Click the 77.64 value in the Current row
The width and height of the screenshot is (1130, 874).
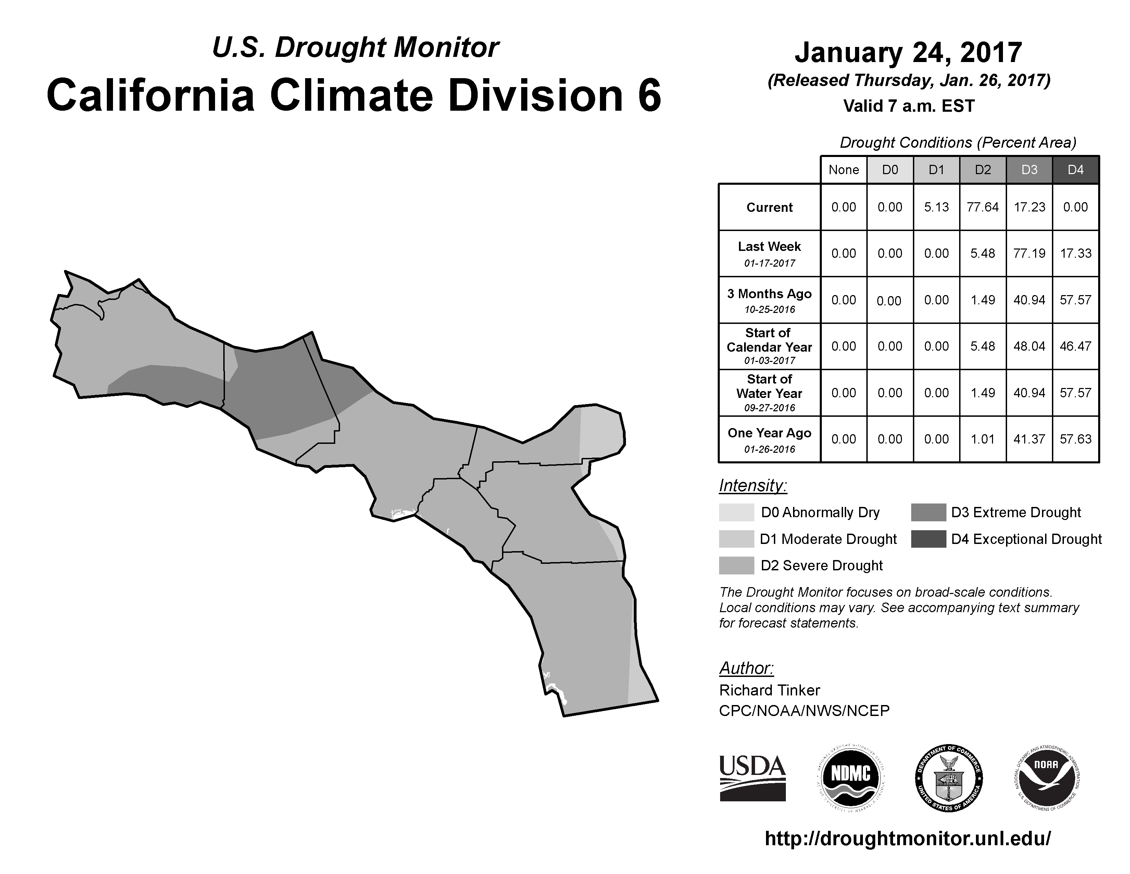(982, 207)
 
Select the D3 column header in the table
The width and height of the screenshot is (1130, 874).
(1029, 170)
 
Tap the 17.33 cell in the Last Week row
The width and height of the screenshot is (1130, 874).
(1075, 253)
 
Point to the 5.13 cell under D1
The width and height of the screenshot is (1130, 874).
(937, 207)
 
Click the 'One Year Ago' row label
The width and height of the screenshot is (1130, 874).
(769, 433)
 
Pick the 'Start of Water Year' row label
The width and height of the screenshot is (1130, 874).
(769, 386)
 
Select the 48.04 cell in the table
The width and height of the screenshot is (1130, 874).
(1029, 346)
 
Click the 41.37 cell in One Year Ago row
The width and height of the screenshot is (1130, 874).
(1029, 439)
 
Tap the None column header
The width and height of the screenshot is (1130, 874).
(844, 170)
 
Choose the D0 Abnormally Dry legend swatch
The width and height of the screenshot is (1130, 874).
(736, 512)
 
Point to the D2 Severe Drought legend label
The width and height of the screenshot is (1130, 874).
(821, 566)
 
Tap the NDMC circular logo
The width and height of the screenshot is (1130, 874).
(851, 778)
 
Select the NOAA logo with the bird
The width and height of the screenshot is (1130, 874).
(1046, 778)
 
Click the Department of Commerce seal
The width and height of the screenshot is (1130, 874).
(949, 778)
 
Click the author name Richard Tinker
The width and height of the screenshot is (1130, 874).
(769, 690)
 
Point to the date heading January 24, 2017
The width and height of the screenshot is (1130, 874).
(908, 52)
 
